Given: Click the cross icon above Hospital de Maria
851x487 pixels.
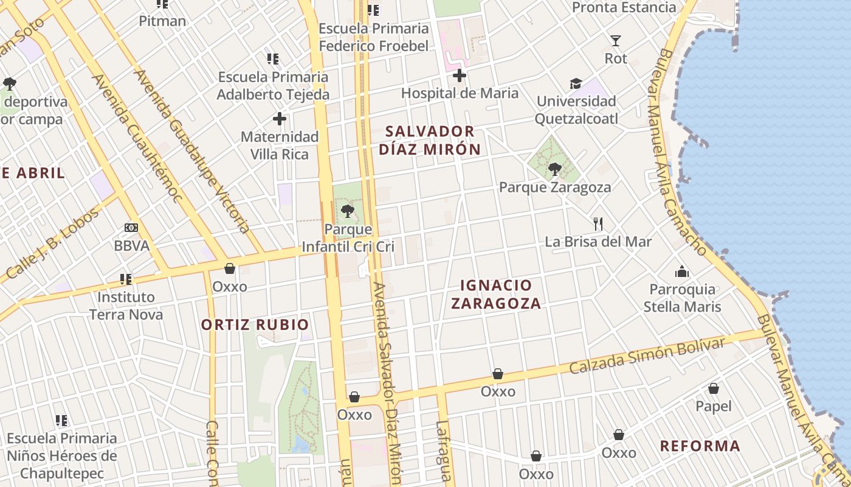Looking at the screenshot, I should [x=460, y=75].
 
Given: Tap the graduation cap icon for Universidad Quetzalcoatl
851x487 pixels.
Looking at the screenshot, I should [x=576, y=83].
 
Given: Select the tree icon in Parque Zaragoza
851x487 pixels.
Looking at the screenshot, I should [x=554, y=169].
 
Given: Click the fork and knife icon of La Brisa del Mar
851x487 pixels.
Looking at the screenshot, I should [x=598, y=224].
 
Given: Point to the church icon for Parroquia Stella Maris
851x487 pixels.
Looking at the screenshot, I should [x=682, y=272].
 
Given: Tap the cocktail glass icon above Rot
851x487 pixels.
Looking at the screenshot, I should [x=616, y=41].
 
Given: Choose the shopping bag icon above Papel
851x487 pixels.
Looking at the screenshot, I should [x=714, y=388].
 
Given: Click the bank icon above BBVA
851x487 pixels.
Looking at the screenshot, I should [x=131, y=228].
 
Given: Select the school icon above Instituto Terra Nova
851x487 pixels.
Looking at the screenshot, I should [x=126, y=279].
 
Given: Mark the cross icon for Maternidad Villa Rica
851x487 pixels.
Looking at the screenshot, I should [x=280, y=119].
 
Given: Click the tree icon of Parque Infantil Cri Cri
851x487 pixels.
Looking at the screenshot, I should [x=348, y=211].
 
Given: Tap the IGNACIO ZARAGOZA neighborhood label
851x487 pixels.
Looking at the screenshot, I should [x=496, y=294].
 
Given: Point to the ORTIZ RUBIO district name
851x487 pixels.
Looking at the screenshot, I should [x=255, y=324].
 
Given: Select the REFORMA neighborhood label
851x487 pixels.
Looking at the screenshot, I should [x=700, y=446].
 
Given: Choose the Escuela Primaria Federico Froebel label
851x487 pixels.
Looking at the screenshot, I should [x=374, y=37].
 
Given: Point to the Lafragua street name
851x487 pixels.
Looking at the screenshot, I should [x=443, y=450].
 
